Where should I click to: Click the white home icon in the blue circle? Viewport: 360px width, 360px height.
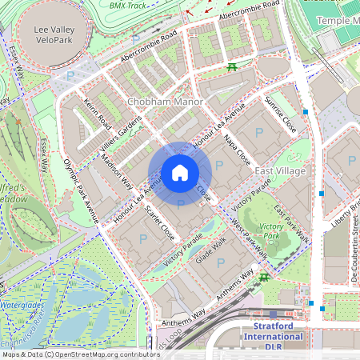coord(180,173)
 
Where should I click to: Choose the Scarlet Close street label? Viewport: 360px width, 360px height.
coord(160,222)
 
